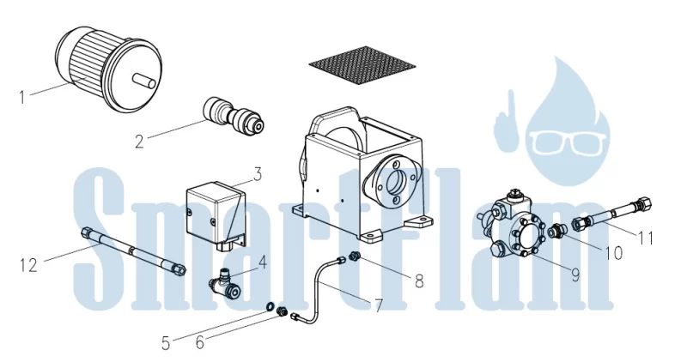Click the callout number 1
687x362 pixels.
[22, 97]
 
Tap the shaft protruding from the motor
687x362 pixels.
[143, 81]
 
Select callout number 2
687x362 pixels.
[139, 142]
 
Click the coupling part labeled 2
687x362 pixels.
[234, 116]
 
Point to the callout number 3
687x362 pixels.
[257, 174]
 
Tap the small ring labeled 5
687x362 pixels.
[271, 307]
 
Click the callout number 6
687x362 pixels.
[200, 342]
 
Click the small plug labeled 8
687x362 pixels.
[354, 256]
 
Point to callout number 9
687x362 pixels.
[575, 275]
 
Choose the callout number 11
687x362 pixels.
[646, 238]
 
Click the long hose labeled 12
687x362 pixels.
[133, 251]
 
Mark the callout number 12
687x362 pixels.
[29, 266]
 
